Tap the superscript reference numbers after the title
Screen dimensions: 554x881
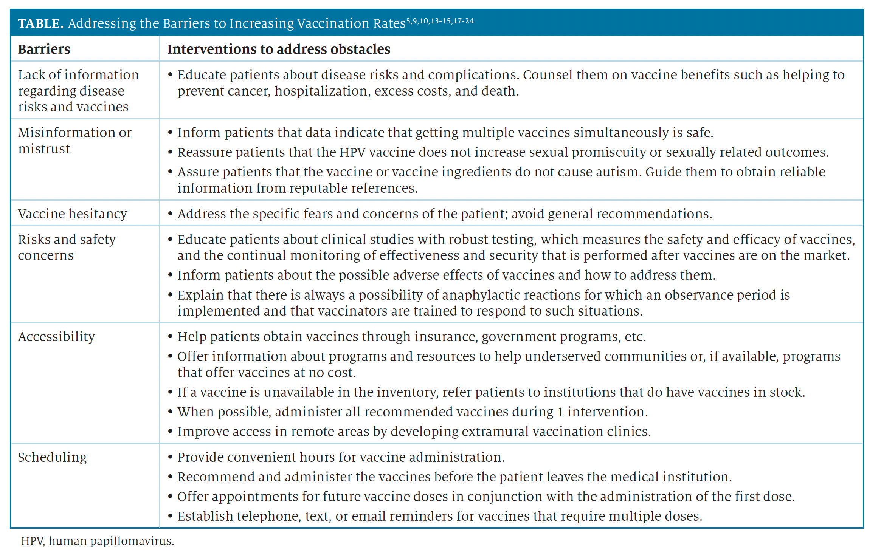(440, 21)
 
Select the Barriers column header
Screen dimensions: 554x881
(44, 49)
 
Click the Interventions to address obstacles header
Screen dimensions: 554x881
(279, 49)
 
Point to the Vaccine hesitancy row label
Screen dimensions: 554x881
(73, 214)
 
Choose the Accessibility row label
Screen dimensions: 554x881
(57, 337)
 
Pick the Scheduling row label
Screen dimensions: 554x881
(53, 457)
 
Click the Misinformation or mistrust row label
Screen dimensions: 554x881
(74, 141)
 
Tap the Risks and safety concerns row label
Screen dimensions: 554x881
(67, 248)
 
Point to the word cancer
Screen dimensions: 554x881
(250, 91)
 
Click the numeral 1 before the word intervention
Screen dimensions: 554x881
(560, 412)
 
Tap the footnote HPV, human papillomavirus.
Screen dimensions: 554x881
(98, 541)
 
